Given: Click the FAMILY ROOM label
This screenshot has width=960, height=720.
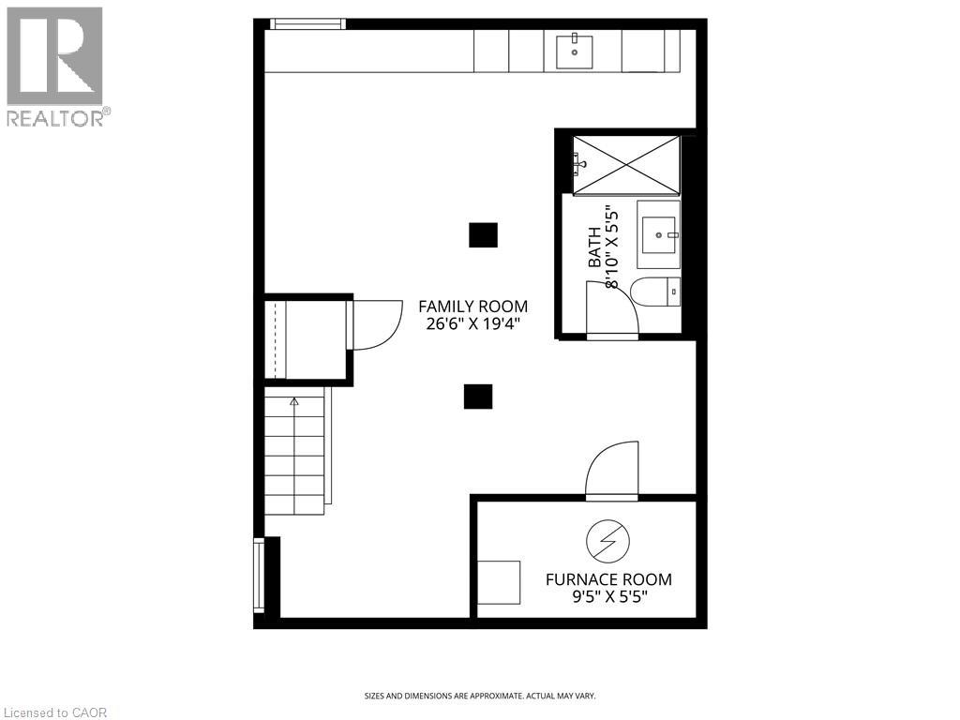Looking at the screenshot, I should [x=472, y=307].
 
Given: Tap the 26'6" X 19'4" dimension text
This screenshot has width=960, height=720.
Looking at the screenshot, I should [x=472, y=324].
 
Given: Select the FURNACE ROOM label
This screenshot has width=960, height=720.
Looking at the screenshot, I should [x=608, y=579].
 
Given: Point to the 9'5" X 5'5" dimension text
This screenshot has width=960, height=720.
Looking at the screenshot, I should [x=608, y=597].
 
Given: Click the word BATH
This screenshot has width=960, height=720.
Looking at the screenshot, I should [x=595, y=251].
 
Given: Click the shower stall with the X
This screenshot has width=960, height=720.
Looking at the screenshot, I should [x=625, y=163].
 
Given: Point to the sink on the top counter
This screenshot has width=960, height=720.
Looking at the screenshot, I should [x=574, y=51].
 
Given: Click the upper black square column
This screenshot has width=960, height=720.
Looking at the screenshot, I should [x=483, y=234].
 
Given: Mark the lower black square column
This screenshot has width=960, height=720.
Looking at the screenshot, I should [x=478, y=397].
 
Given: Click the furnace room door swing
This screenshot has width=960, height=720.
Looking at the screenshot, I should [x=612, y=469].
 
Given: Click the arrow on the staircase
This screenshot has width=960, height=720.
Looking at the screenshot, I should [x=294, y=402].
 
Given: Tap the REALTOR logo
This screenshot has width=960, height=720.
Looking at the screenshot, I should [x=55, y=66].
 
